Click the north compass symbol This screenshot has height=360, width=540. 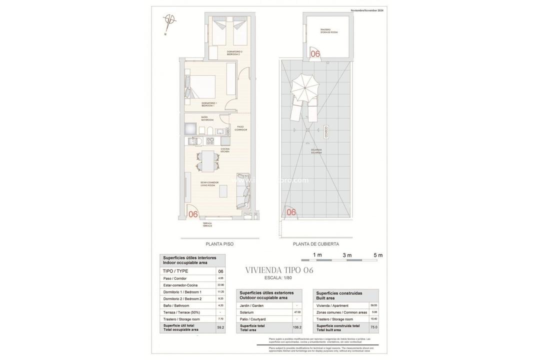pyautogui.click(x=170, y=20)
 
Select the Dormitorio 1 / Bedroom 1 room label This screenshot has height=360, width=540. pyautogui.click(x=209, y=104)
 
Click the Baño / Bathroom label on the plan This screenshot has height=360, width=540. pyautogui.click(x=207, y=119)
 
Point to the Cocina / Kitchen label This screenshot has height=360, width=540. pyautogui.click(x=225, y=149)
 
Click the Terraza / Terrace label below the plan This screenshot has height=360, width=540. pyautogui.click(x=207, y=224)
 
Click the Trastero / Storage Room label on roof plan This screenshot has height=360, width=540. pyautogui.click(x=329, y=31)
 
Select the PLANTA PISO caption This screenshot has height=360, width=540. pyautogui.click(x=219, y=244)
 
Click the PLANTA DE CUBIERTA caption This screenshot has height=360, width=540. pyautogui.click(x=316, y=244)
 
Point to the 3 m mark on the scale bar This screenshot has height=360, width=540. pyautogui.click(x=347, y=255)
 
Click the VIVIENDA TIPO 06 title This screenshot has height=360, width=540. pyautogui.click(x=279, y=270)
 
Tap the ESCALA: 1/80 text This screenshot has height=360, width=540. pyautogui.click(x=278, y=277)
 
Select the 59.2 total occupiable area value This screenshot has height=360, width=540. pyautogui.click(x=220, y=327)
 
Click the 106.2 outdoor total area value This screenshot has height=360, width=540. pyautogui.click(x=297, y=327)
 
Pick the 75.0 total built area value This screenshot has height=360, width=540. pyautogui.click(x=373, y=327)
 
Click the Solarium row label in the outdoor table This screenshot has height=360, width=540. pyautogui.click(x=246, y=312)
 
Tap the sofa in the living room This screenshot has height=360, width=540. pyautogui.click(x=243, y=191)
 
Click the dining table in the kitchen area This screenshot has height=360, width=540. pyautogui.click(x=207, y=161)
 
